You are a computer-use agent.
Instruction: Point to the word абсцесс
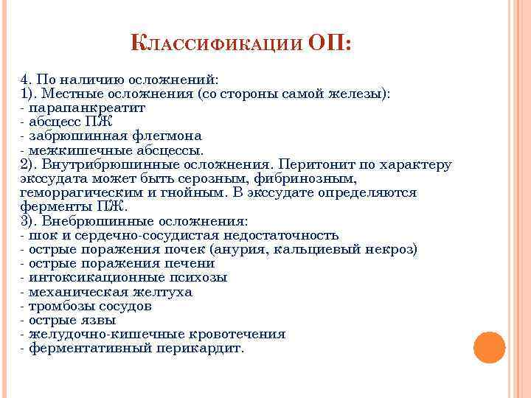[x=57, y=122]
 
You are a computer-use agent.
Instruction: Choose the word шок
[x=41, y=235]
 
